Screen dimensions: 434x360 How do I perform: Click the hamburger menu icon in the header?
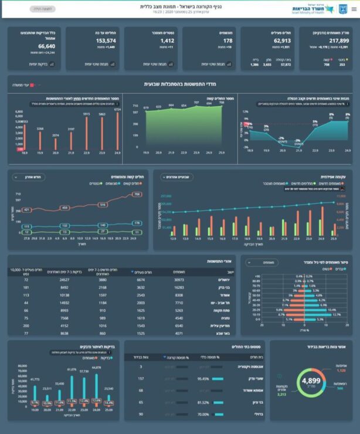click(354, 9)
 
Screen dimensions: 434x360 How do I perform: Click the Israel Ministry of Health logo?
click(317, 9)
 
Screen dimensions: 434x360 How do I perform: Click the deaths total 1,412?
click(167, 40)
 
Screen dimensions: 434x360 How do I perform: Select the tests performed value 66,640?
click(47, 46)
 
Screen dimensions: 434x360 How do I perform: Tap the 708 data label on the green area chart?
click(221, 103)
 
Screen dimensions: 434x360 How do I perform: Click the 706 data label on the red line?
click(137, 195)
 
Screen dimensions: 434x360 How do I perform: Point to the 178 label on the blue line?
click(137, 223)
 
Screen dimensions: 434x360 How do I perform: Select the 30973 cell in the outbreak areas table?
click(178, 279)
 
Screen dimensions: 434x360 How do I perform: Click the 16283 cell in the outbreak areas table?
click(179, 287)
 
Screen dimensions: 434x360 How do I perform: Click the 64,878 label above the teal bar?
click(96, 368)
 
